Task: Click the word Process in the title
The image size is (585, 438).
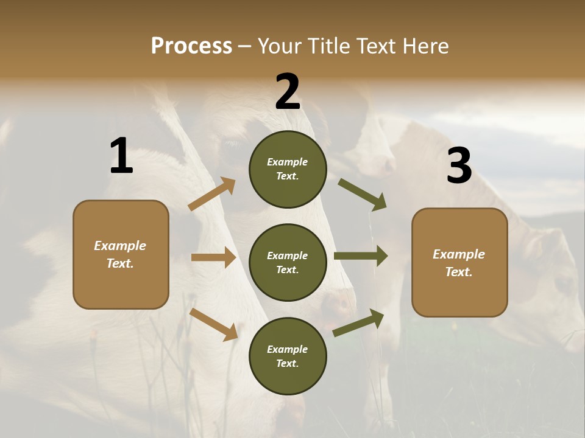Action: pyautogui.click(x=191, y=46)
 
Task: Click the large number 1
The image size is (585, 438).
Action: pyautogui.click(x=121, y=156)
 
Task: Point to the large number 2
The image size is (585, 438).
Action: pyautogui.click(x=288, y=92)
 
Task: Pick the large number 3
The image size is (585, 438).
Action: pyautogui.click(x=459, y=166)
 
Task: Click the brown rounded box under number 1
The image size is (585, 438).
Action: pyautogui.click(x=121, y=254)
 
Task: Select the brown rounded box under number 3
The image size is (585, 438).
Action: pyautogui.click(x=459, y=262)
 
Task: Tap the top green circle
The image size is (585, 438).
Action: pyautogui.click(x=288, y=169)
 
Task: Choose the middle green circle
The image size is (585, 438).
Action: pyautogui.click(x=288, y=262)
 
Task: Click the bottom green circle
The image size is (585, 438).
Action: pyautogui.click(x=288, y=356)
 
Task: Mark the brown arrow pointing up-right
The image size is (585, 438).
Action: pyautogui.click(x=211, y=194)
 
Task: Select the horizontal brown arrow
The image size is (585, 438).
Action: pyautogui.click(x=213, y=257)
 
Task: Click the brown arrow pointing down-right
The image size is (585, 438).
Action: pyautogui.click(x=214, y=324)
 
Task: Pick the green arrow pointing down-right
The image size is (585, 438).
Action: pyautogui.click(x=363, y=195)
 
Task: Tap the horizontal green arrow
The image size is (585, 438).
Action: pyautogui.click(x=361, y=256)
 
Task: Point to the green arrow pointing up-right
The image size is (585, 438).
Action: pyautogui.click(x=358, y=323)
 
